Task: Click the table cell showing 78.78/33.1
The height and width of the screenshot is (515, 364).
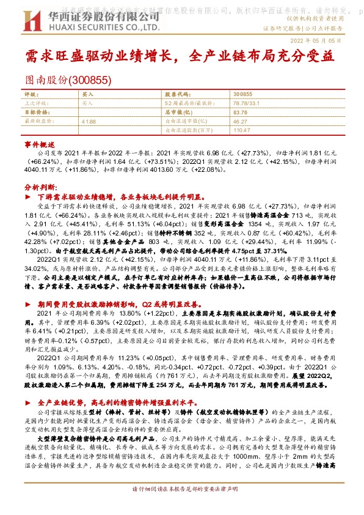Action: (247, 103)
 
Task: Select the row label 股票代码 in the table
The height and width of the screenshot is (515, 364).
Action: (177, 95)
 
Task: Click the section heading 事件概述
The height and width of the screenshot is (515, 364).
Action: (35, 143)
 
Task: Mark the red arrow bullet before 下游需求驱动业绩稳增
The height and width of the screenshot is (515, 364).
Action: (27, 199)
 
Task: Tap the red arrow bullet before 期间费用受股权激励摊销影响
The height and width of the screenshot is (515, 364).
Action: (27, 304)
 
